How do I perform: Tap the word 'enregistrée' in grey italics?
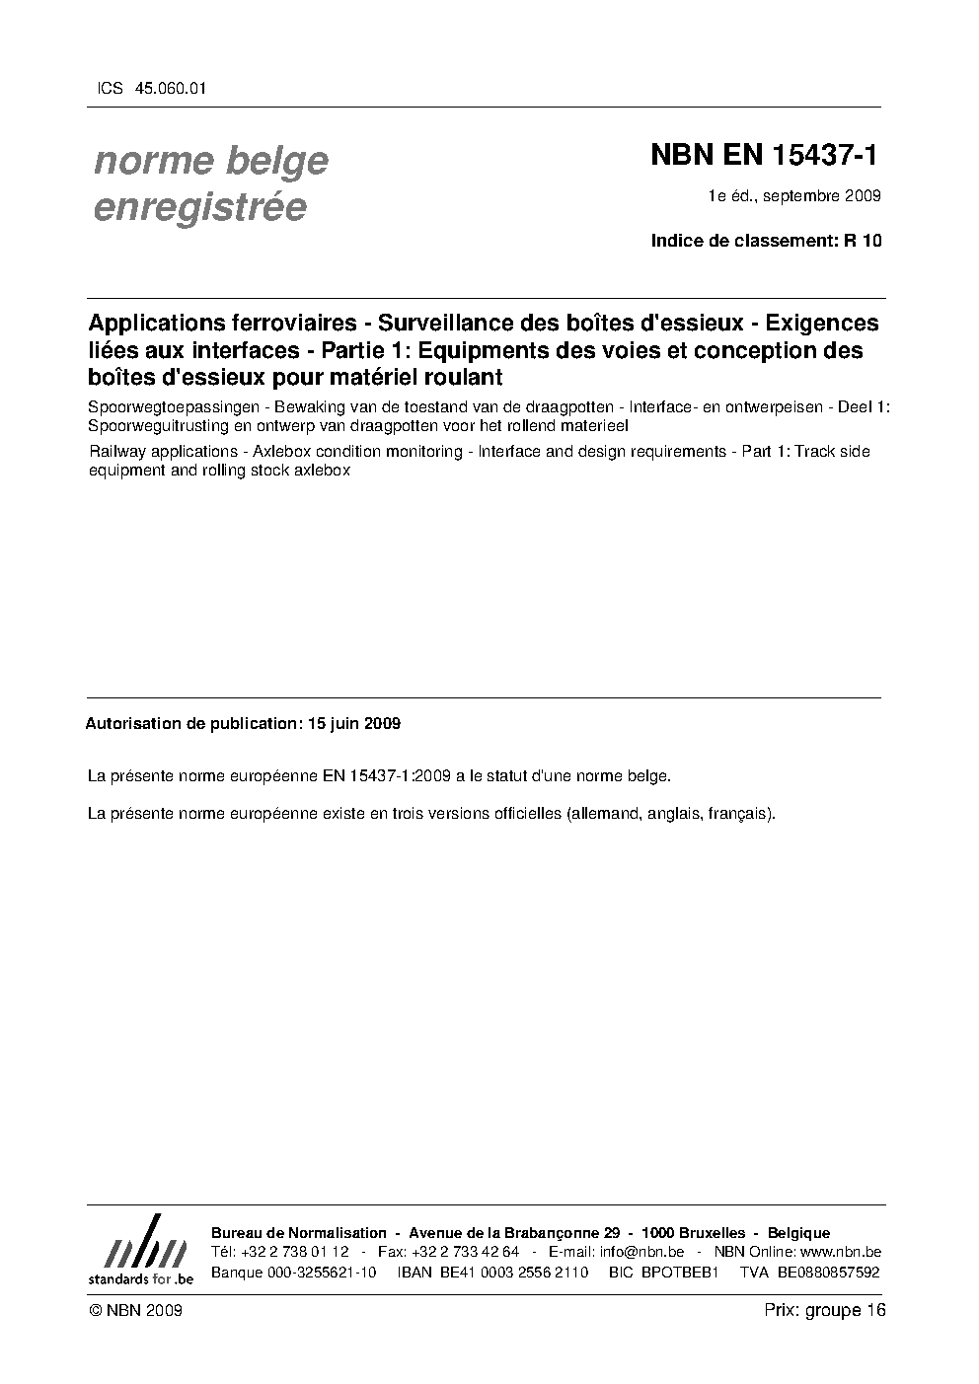point(199,207)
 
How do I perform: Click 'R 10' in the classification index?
point(862,240)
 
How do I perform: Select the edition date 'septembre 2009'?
point(821,195)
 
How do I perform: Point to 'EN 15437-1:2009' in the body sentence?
point(387,775)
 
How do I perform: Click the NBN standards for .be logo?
point(140,1249)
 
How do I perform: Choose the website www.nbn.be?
point(834,1252)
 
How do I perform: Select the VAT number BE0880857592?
point(828,1272)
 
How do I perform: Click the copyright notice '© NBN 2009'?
point(135,1310)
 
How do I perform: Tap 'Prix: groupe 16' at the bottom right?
point(825,1310)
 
